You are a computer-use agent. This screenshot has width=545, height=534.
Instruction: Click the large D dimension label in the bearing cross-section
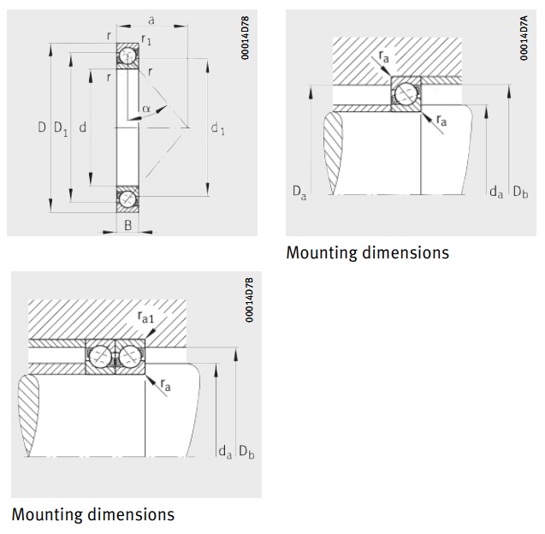pyautogui.click(x=41, y=128)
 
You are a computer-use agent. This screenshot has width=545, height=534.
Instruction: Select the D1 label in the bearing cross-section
pyautogui.click(x=61, y=128)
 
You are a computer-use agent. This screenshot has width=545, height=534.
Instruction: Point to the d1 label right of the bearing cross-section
pyautogui.click(x=217, y=128)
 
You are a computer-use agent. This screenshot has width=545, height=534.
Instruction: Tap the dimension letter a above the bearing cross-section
pyautogui.click(x=151, y=18)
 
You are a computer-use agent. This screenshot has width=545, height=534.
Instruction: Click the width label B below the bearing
pyautogui.click(x=127, y=227)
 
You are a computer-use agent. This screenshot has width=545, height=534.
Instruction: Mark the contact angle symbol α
pyautogui.click(x=146, y=109)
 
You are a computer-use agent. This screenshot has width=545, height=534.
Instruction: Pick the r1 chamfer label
pyautogui.click(x=146, y=39)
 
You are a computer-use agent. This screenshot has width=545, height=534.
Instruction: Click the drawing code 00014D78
pyautogui.click(x=245, y=39)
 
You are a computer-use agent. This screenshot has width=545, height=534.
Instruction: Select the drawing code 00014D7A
pyautogui.click(x=524, y=39)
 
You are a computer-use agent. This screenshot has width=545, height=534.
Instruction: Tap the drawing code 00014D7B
pyautogui.click(x=249, y=299)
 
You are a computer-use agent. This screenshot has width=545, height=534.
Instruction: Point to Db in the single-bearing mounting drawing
pyautogui.click(x=519, y=193)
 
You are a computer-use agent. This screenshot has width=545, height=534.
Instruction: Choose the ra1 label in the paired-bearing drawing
pyautogui.click(x=146, y=317)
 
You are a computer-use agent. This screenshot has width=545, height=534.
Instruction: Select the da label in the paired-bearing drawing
pyautogui.click(x=224, y=451)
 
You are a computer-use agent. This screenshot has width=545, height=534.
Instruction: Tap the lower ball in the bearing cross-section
pyautogui.click(x=127, y=199)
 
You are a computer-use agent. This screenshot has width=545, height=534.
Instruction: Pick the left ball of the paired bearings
pyautogui.click(x=100, y=356)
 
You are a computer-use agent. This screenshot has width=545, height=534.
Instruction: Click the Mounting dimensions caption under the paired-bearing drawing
pyautogui.click(x=92, y=514)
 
